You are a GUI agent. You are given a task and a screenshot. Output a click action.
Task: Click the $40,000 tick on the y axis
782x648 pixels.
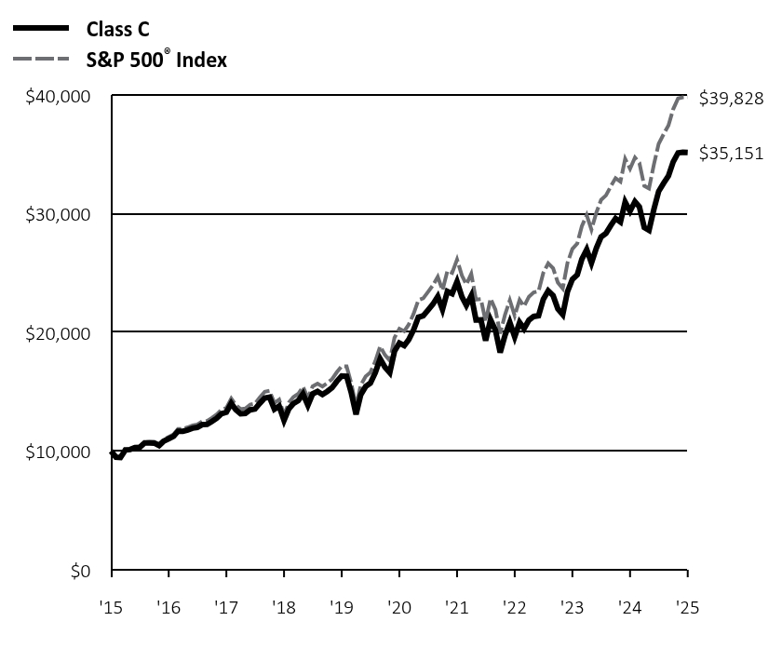[x=57, y=97]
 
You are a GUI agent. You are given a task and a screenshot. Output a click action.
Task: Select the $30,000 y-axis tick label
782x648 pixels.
[x=57, y=215]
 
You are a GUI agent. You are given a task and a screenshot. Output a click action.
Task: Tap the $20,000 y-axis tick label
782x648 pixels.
[x=57, y=333]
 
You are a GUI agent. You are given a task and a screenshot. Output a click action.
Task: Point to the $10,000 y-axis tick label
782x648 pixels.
[x=57, y=452]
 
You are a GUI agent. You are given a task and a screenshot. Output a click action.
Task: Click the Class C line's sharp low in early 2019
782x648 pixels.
[x=356, y=412]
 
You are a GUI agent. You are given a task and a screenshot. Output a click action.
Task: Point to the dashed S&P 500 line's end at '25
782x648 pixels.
[x=685, y=97]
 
